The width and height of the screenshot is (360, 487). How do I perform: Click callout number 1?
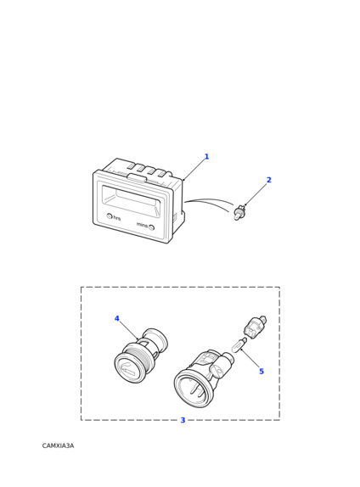[x=206, y=156]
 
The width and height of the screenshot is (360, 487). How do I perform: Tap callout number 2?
[x=269, y=180]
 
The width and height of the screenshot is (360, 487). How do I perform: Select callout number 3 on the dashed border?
[x=183, y=420]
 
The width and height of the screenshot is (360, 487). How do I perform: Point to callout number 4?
[x=117, y=318]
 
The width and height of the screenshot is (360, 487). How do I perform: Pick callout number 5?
[x=262, y=371]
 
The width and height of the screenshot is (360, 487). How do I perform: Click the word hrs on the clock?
[x=116, y=218]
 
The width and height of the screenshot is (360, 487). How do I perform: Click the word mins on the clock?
[x=142, y=225]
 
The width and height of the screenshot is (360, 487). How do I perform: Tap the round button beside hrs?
[x=110, y=216]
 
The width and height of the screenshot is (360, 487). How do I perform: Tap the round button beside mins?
[x=151, y=227]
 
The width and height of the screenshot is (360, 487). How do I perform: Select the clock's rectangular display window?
[x=131, y=199]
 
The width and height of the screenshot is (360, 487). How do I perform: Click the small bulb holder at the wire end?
[x=239, y=214]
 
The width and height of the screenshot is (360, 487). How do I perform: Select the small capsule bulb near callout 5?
[x=239, y=345]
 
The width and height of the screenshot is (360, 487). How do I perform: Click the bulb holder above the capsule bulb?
[x=255, y=327]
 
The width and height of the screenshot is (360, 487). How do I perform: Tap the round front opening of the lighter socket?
[x=194, y=389]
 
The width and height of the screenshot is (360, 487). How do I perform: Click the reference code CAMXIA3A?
[x=58, y=446]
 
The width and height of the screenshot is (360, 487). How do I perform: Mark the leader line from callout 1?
[x=194, y=170]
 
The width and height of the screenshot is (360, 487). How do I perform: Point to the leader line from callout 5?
[x=250, y=359]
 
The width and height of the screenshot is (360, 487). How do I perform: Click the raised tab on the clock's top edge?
[x=137, y=177]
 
